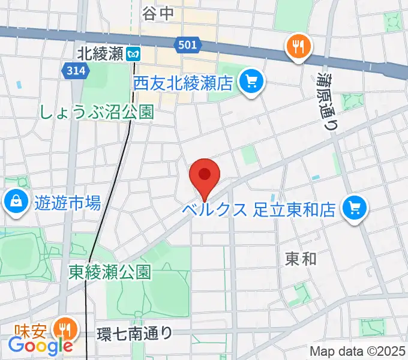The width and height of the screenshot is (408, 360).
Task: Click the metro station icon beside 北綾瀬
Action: point(133,54)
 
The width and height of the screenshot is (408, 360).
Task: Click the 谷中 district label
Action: point(158,13)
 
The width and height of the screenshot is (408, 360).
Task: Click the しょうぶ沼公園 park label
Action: point(97,112)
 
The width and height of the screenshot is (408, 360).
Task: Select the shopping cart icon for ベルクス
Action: point(354,209)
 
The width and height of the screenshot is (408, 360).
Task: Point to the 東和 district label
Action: point(300,259)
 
